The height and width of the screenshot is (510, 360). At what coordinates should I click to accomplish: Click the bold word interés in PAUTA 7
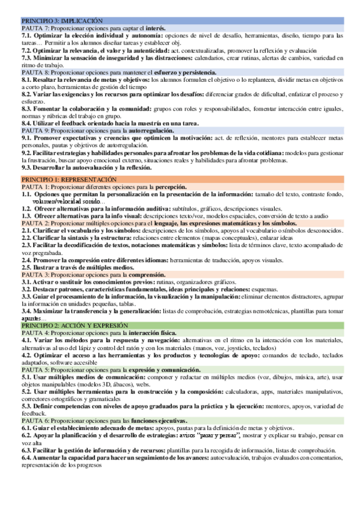(154, 28)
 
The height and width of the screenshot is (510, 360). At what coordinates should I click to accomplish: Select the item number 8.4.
(27, 123)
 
